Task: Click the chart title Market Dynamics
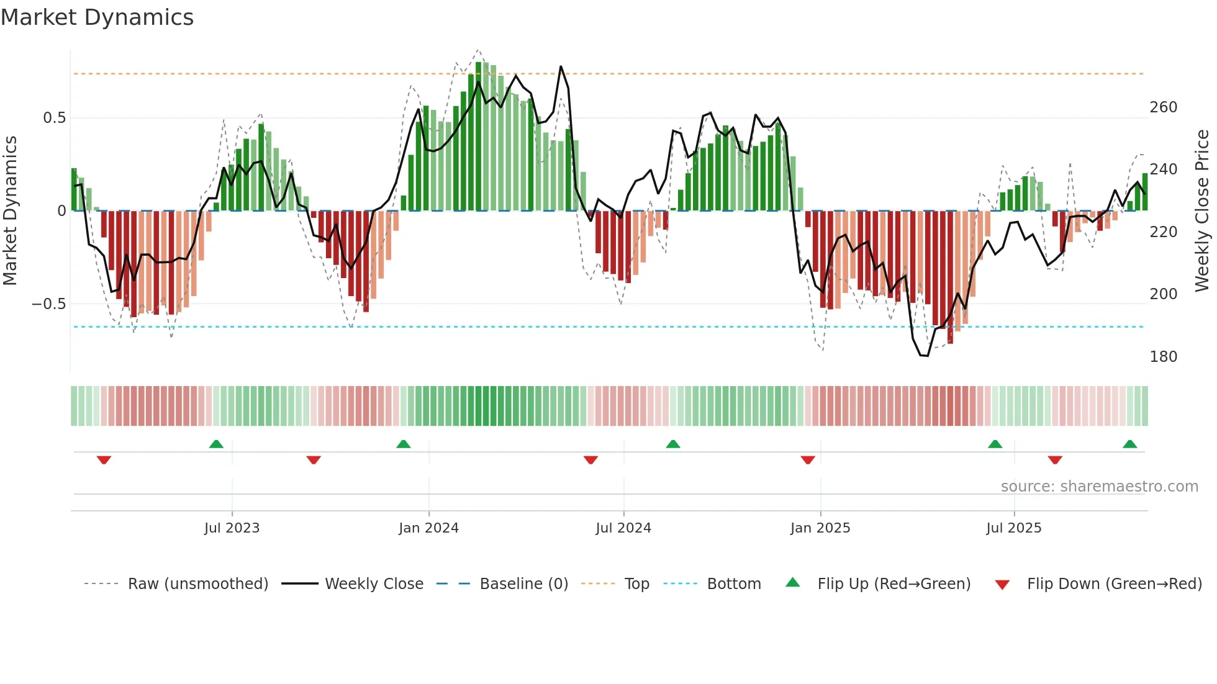point(97,17)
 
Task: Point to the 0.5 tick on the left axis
point(54,118)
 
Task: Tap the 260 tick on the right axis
point(1163,107)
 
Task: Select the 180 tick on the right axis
point(1163,357)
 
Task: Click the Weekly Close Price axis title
point(1202,210)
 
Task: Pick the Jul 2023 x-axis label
point(232,528)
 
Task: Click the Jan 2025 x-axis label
point(820,528)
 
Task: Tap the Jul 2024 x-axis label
point(623,528)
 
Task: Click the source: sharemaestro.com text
point(1099,487)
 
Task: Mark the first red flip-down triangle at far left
point(104,460)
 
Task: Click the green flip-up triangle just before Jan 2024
point(404,444)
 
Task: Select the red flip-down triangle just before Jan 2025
point(807,460)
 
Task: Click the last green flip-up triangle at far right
point(1129,444)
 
